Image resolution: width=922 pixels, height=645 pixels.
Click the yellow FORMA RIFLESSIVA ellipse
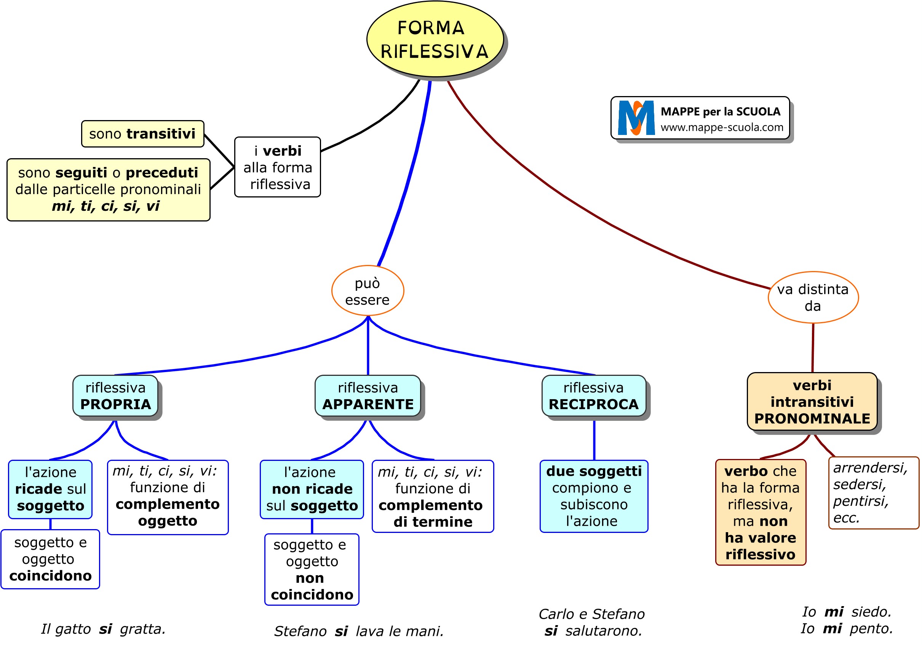click(x=435, y=39)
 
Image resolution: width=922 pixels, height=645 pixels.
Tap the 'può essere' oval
click(x=368, y=291)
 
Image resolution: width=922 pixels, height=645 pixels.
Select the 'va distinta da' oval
click(x=813, y=297)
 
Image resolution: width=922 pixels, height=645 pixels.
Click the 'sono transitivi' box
click(x=142, y=134)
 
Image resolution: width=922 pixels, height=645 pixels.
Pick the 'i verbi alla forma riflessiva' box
click(x=278, y=167)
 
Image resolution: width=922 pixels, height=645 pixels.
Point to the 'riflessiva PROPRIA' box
click(x=116, y=396)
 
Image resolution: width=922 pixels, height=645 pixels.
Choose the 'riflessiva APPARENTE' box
click(x=368, y=396)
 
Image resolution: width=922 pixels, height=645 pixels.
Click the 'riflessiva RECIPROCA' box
click(x=593, y=396)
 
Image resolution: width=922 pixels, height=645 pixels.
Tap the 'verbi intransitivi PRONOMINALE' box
click(x=812, y=402)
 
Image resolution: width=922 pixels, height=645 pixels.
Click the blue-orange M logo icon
click(x=636, y=118)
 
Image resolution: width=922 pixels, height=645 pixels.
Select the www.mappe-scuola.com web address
click(x=722, y=127)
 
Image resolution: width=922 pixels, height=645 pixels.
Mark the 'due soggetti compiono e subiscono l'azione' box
click(x=593, y=496)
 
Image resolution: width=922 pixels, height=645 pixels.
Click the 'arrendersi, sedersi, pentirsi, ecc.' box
click(x=873, y=493)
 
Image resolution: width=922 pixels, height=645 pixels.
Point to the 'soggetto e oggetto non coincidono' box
click(x=312, y=569)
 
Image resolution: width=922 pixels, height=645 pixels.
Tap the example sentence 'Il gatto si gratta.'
click(x=103, y=629)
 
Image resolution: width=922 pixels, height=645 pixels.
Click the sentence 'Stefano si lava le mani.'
click(x=359, y=631)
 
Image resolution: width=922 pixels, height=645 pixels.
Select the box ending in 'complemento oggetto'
click(x=168, y=497)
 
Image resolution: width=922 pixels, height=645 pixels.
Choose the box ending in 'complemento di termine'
click(x=433, y=496)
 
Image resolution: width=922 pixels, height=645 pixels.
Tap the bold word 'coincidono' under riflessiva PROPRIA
click(x=51, y=576)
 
